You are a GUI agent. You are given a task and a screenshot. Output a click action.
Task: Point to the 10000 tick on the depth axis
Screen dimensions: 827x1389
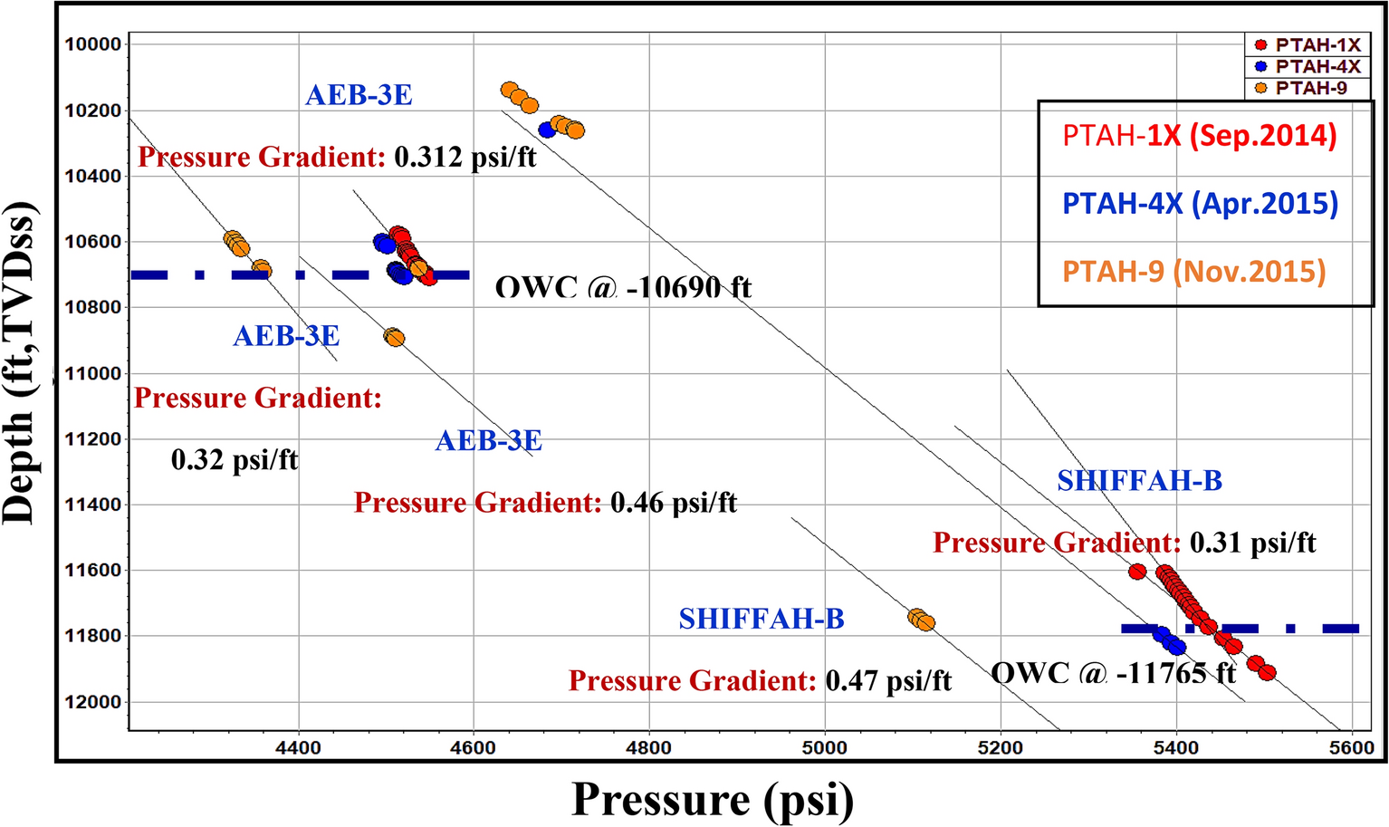tap(93, 44)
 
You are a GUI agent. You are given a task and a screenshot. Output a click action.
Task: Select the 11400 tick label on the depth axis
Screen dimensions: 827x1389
tap(93, 505)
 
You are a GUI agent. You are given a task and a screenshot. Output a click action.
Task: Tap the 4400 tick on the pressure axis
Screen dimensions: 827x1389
tap(298, 747)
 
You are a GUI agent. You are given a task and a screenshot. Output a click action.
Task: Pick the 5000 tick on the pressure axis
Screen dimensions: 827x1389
tap(824, 747)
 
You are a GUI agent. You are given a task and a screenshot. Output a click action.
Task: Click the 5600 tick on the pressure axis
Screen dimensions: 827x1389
tap(1351, 747)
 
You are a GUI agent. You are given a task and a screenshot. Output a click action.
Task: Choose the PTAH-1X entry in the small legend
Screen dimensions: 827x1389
tap(1308, 45)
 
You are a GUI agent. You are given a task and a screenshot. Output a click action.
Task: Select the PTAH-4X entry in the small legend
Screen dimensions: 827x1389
tap(1308, 67)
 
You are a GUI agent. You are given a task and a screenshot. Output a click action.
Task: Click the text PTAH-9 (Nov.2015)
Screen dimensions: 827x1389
tap(1193, 271)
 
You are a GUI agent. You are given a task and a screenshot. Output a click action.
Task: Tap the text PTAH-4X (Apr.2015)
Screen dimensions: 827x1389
tap(1200, 204)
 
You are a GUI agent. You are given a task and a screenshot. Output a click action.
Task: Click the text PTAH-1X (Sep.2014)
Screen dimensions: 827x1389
tap(1199, 136)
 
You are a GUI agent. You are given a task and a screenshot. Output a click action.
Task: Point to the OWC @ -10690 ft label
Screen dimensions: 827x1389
tap(623, 288)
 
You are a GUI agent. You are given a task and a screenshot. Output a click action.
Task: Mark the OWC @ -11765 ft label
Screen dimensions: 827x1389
tap(1113, 673)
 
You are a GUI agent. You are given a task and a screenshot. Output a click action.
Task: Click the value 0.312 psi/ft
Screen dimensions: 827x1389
tap(465, 157)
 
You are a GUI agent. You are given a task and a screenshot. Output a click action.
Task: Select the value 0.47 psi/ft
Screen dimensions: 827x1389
tap(888, 680)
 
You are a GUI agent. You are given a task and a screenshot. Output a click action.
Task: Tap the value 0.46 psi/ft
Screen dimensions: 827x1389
tap(674, 502)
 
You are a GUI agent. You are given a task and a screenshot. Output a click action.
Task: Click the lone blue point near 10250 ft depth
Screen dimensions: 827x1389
tap(547, 130)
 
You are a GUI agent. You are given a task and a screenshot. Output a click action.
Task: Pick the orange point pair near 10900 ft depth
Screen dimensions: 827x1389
tap(393, 337)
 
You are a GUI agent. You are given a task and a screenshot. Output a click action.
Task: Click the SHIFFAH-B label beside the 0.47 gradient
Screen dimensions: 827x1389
tap(762, 619)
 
